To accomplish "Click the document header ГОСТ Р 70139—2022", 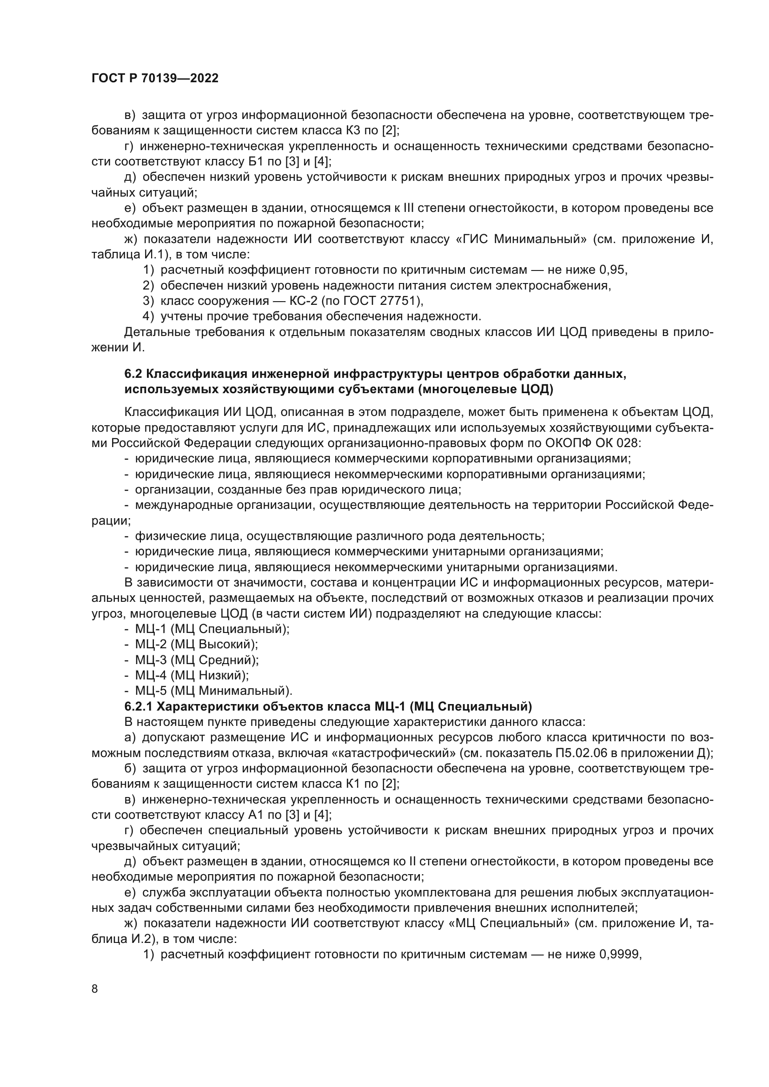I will pyautogui.click(x=155, y=79).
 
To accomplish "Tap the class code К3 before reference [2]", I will pyautogui.click(x=348, y=130).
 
